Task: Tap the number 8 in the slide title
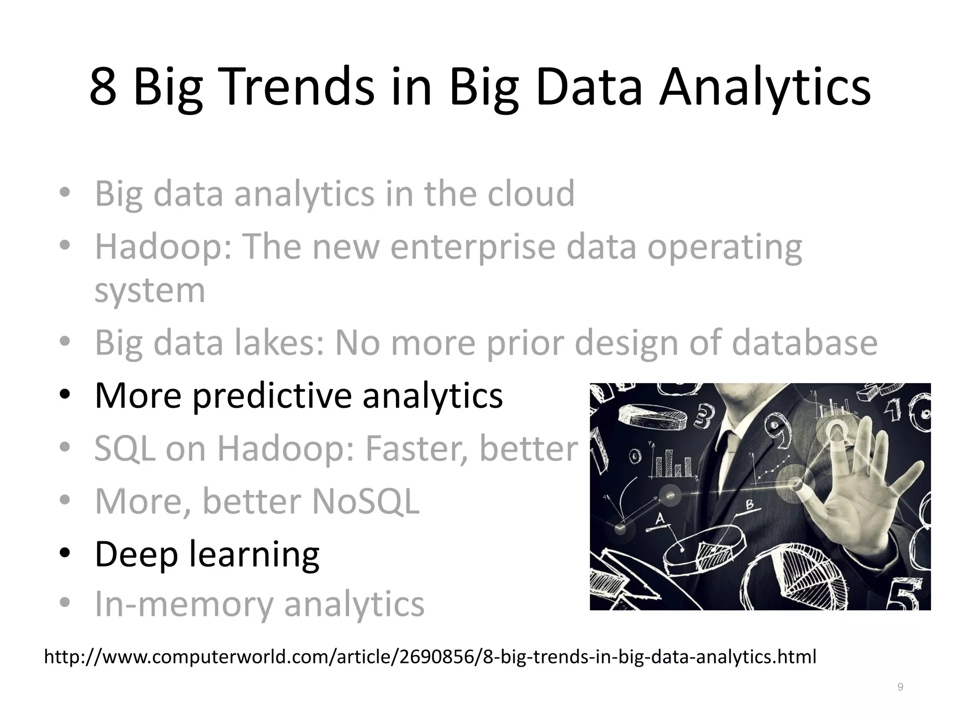[103, 87]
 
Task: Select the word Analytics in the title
[765, 87]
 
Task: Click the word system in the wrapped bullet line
[150, 291]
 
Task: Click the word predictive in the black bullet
[272, 396]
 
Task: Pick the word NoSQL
[366, 502]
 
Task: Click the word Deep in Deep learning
[136, 554]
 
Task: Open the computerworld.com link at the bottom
[430, 657]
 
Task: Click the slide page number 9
[900, 687]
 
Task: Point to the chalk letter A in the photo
[660, 519]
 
